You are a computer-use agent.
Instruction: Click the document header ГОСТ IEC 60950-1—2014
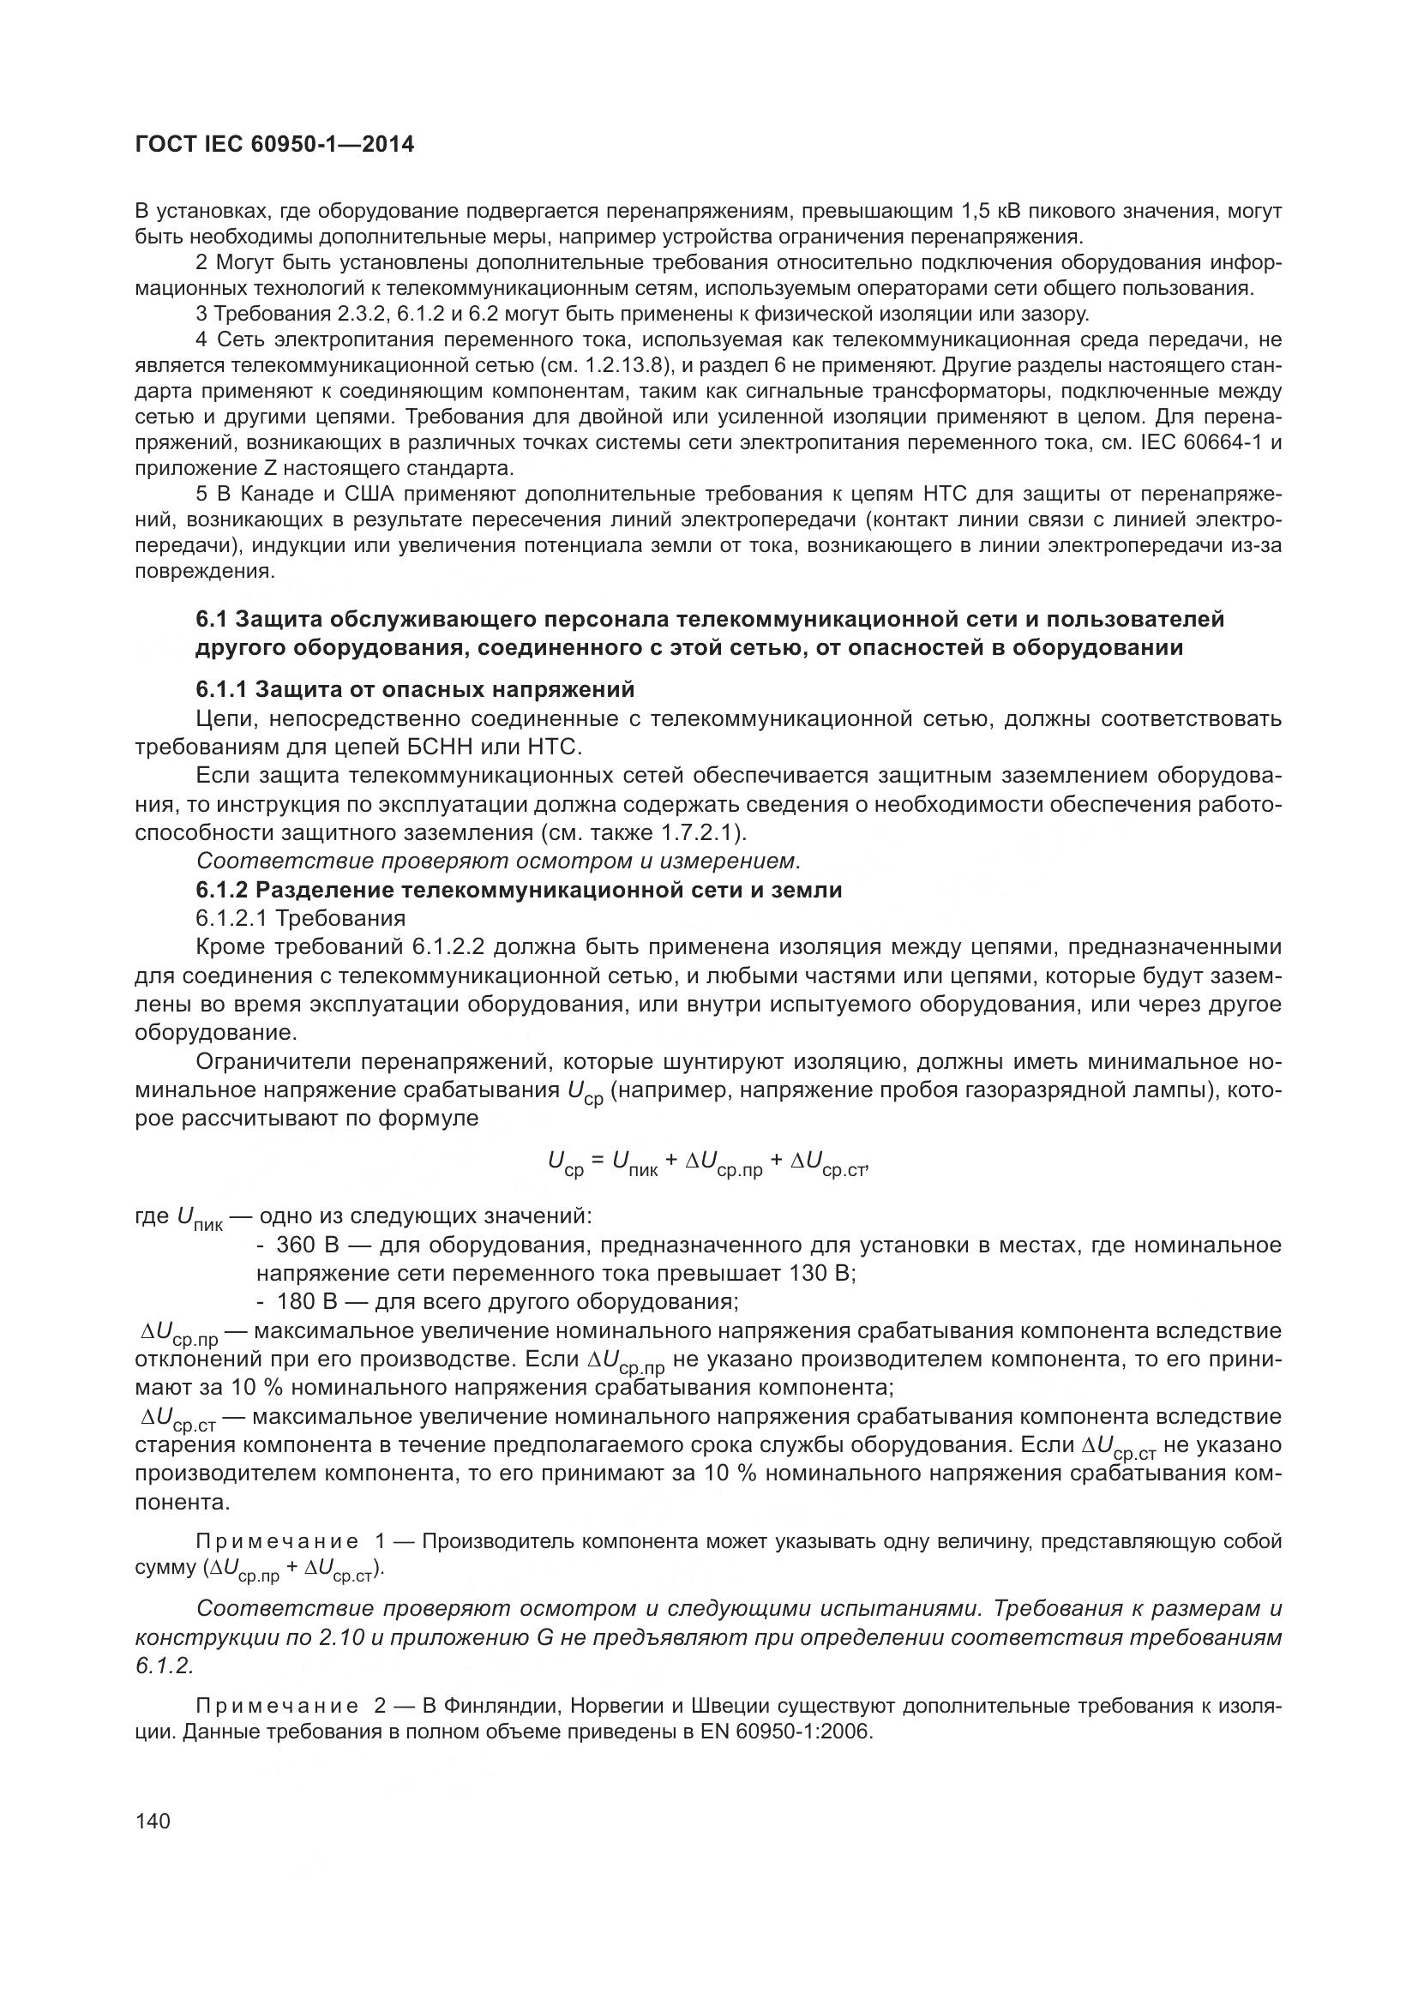pyautogui.click(x=274, y=145)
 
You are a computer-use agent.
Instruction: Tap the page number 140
pyautogui.click(x=153, y=1821)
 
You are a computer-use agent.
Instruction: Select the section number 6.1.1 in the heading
pyautogui.click(x=222, y=690)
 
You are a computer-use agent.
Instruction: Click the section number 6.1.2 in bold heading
pyautogui.click(x=222, y=890)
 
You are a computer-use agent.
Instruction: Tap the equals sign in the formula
pyautogui.click(x=598, y=1160)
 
